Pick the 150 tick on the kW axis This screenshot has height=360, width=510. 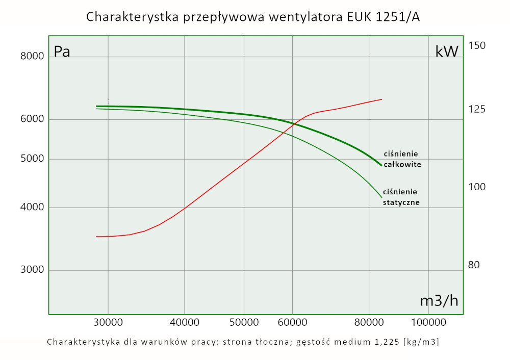point(477,46)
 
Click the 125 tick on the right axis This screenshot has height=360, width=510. point(477,110)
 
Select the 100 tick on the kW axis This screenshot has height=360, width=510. point(477,187)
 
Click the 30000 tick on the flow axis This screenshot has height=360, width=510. point(108,323)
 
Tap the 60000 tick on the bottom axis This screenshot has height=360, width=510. point(293,323)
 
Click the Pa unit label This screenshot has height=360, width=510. point(62,52)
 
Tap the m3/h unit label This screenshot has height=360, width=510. point(439,301)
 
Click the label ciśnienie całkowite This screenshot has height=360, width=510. point(403,159)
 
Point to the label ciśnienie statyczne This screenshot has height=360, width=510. point(401,197)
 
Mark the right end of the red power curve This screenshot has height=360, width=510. point(381,99)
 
